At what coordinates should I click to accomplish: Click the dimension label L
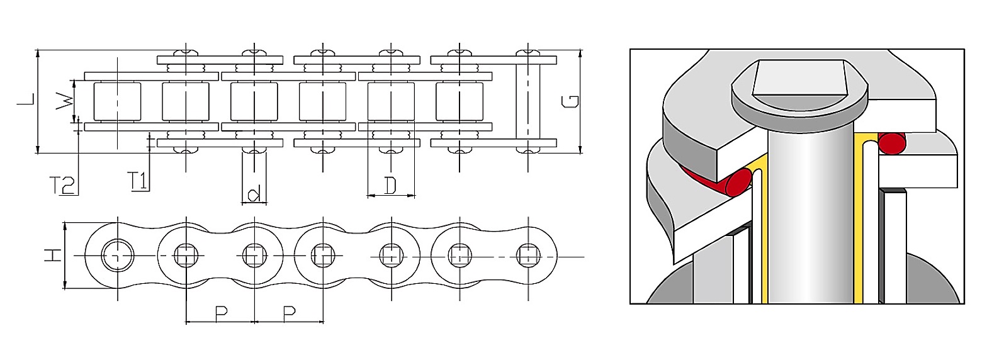tap(26, 99)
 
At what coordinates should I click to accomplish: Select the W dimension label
tap(64, 102)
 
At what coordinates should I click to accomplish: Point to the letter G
tap(570, 102)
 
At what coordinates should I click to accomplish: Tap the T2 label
tap(62, 186)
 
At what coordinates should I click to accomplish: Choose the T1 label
tap(138, 181)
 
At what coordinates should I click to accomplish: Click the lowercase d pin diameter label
tap(254, 194)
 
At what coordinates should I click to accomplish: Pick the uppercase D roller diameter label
tap(390, 186)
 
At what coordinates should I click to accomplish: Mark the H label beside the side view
tap(52, 256)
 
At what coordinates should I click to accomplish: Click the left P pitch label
tap(221, 313)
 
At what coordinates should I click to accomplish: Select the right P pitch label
tap(289, 313)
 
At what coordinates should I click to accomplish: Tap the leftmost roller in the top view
tap(117, 101)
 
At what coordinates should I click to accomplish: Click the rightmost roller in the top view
tap(460, 101)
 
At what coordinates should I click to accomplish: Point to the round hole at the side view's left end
tap(118, 256)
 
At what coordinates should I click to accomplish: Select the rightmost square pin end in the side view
tap(528, 256)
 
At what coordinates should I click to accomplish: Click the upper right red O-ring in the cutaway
tap(891, 143)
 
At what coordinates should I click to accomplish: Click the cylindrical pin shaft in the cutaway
tap(811, 216)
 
